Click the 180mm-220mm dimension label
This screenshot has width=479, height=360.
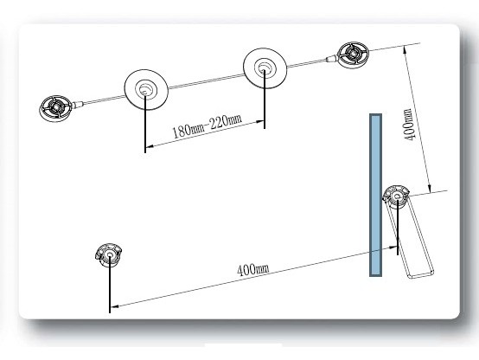(x=208, y=125)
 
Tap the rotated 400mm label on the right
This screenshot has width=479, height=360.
(x=409, y=124)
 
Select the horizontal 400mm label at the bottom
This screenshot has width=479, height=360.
(x=253, y=269)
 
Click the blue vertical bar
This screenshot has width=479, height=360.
(x=375, y=195)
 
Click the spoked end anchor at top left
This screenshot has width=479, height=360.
(x=56, y=107)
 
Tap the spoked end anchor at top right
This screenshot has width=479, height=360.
(x=353, y=55)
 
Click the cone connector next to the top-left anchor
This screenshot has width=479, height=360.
(x=78, y=104)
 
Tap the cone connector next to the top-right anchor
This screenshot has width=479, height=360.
(x=332, y=58)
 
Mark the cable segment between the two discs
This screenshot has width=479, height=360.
(x=206, y=80)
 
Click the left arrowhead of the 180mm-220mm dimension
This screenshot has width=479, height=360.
(x=149, y=147)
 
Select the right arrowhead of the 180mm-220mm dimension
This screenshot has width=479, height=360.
(x=260, y=121)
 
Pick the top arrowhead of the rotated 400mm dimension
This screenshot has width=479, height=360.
(x=406, y=49)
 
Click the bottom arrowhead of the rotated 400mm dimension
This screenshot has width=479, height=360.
(x=429, y=188)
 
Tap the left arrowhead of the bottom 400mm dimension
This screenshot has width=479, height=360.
(x=114, y=305)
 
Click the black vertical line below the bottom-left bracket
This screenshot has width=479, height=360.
(x=109, y=285)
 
